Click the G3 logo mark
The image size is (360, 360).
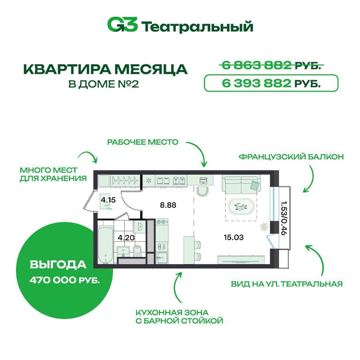(123, 25)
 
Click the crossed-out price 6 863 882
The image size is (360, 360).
(256, 66)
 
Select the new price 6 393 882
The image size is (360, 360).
(256, 83)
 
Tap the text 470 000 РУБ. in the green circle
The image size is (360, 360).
(65, 280)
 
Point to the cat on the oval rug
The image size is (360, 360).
(241, 207)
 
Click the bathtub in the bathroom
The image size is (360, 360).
(106, 245)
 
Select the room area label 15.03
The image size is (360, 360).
(234, 237)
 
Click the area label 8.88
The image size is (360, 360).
(168, 205)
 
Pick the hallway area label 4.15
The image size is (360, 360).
(108, 200)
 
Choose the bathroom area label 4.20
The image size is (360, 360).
(126, 238)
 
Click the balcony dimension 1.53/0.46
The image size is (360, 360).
(284, 218)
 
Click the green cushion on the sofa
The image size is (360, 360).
(254, 185)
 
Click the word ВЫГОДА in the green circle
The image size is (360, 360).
(58, 265)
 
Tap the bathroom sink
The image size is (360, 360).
(124, 251)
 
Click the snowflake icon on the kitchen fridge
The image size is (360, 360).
(149, 181)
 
